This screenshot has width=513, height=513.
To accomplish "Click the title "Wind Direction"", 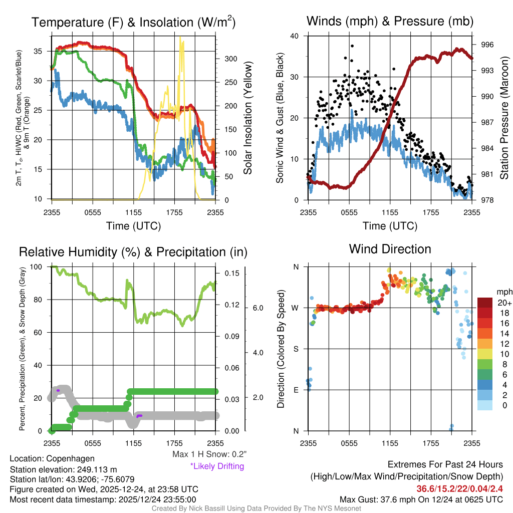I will (390, 249).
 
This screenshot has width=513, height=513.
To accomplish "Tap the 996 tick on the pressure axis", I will (487, 45).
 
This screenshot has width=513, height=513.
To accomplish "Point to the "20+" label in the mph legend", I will (502, 303).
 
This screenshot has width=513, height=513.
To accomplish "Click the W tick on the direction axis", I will (296, 308).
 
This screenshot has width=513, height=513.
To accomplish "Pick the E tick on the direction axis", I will (296, 390).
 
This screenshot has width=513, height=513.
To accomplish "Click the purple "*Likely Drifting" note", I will (217, 466).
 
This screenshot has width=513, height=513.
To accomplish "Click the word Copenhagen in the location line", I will (70, 458).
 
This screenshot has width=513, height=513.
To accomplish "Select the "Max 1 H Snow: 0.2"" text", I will (209, 454).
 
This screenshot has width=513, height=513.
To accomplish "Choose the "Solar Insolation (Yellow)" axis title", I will (247, 118).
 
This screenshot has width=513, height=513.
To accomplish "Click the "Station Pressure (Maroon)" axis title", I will (504, 118).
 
